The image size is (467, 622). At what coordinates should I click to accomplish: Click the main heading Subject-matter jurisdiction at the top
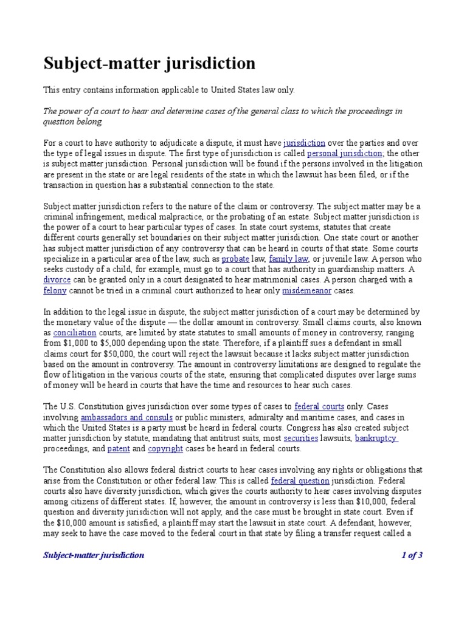click(149, 64)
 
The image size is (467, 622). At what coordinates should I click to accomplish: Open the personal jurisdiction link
click(348, 154)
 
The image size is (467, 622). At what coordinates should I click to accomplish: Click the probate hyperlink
click(235, 259)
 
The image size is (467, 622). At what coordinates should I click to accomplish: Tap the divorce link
click(57, 280)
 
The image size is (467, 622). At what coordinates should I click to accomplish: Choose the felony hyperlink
click(54, 291)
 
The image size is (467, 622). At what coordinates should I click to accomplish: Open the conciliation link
click(75, 333)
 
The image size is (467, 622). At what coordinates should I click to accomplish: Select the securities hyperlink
click(283, 438)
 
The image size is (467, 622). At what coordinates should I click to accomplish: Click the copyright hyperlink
click(165, 449)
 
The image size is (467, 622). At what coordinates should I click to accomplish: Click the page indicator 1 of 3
click(412, 555)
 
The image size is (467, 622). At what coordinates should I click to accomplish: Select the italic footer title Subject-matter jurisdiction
click(93, 555)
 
